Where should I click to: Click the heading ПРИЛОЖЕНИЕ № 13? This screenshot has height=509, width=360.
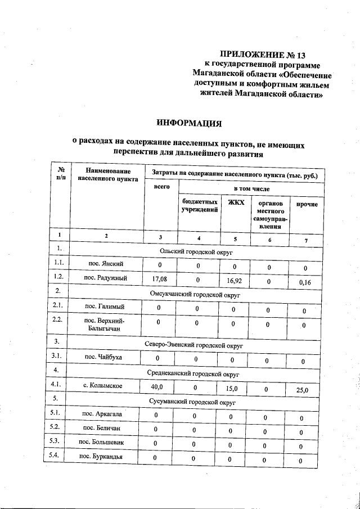click(262, 55)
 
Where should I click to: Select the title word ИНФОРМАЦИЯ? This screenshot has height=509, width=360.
click(188, 123)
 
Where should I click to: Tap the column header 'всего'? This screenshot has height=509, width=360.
click(161, 187)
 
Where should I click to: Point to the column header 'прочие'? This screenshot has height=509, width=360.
click(307, 204)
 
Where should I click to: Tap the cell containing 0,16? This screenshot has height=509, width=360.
click(305, 282)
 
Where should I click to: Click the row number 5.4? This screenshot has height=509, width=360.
click(54, 454)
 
